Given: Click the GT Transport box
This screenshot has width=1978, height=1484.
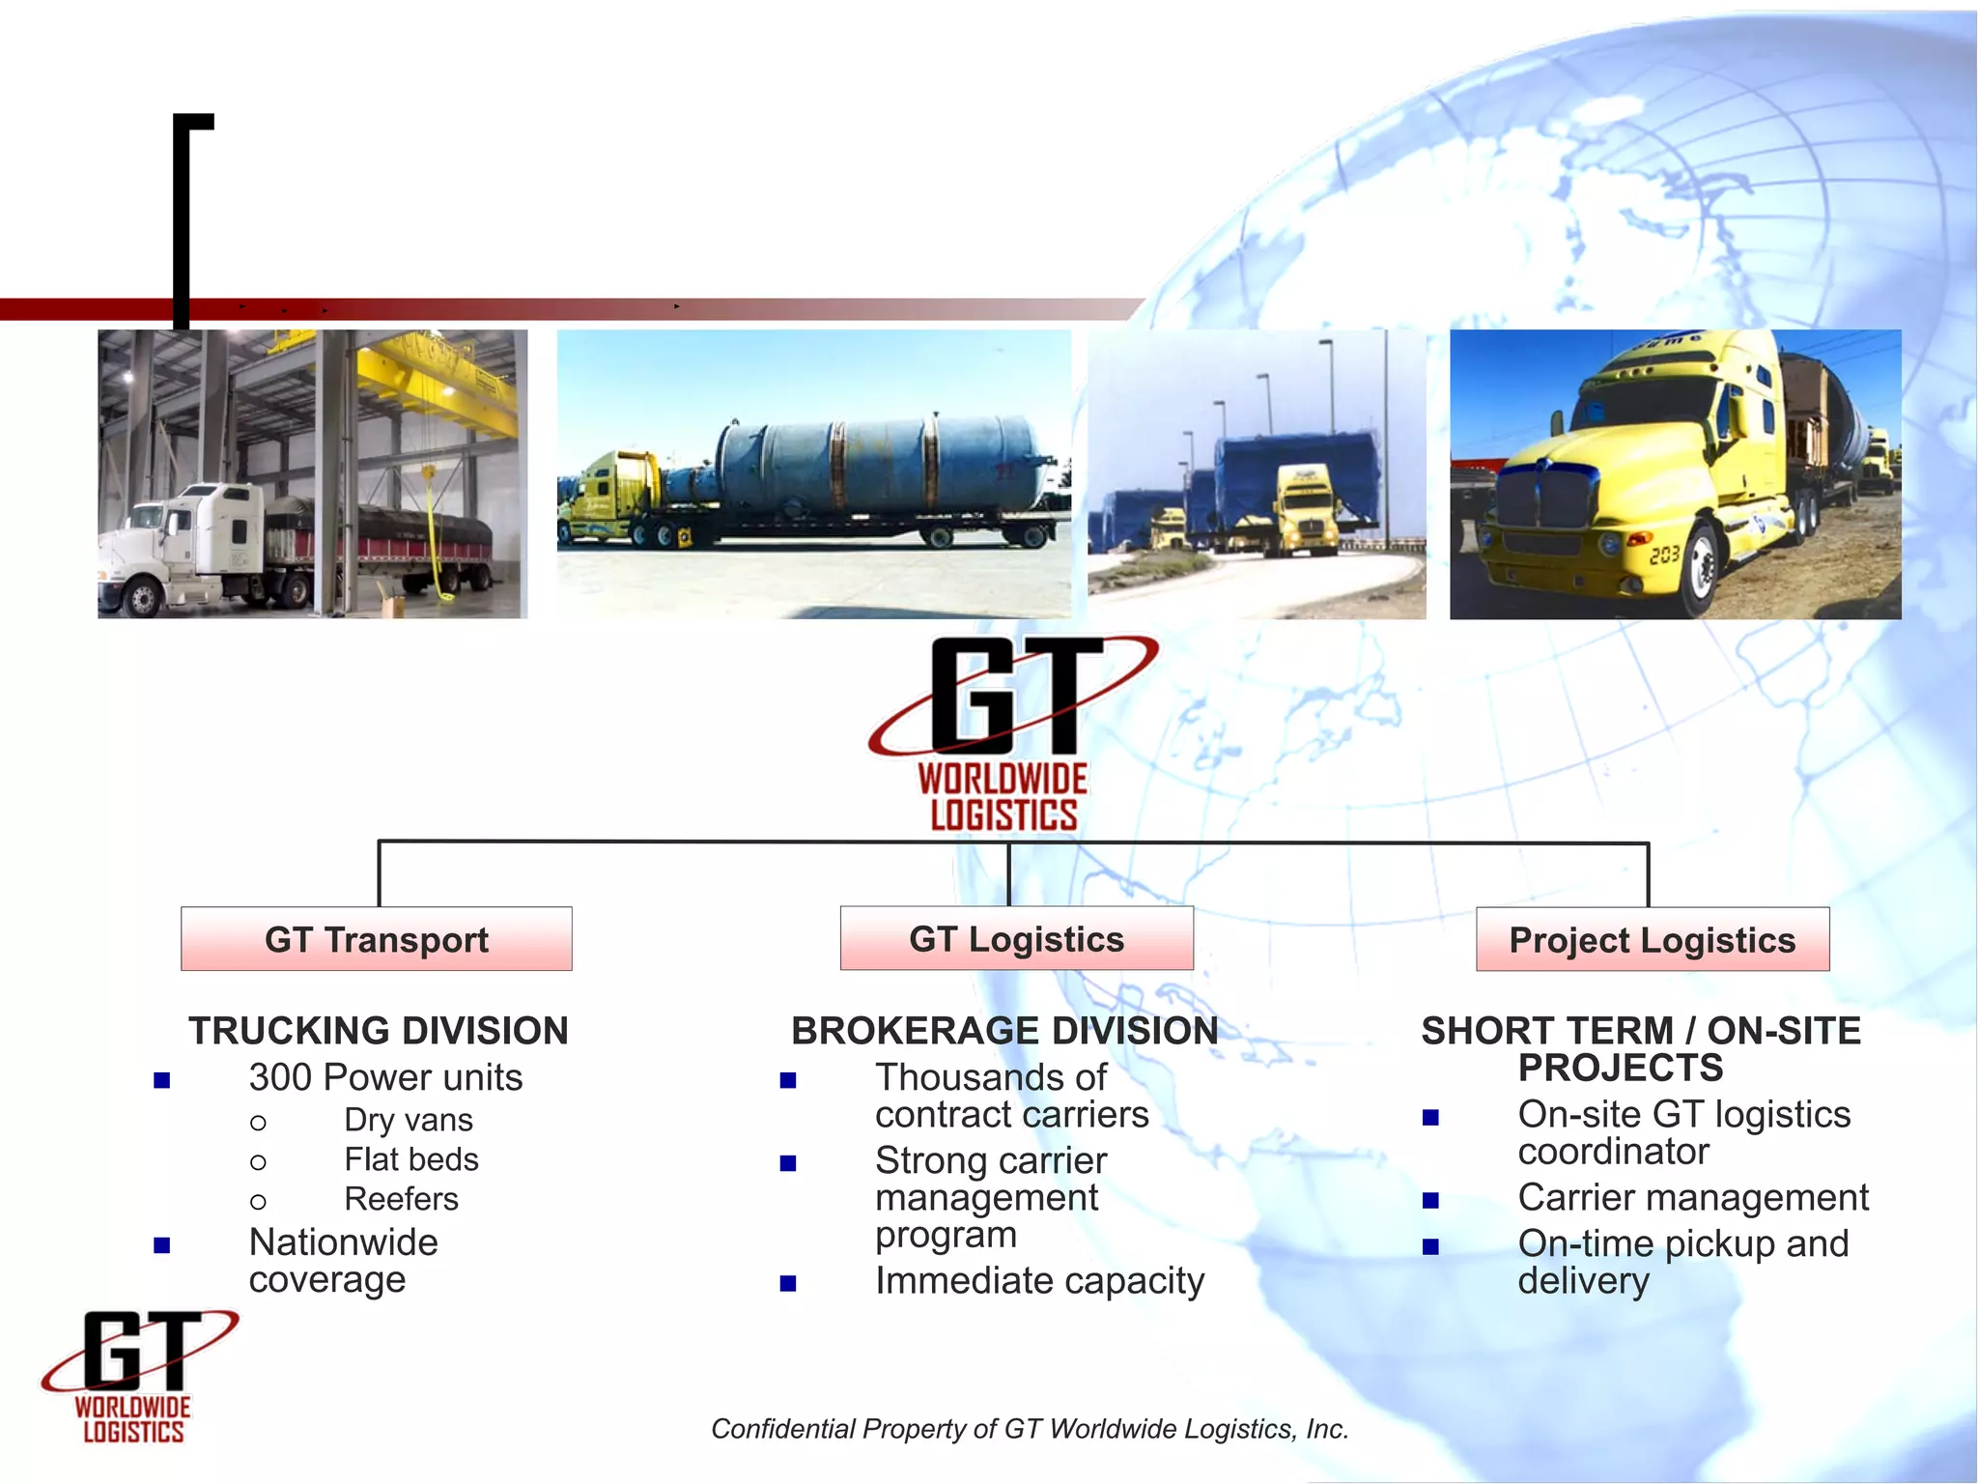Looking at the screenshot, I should click(377, 939).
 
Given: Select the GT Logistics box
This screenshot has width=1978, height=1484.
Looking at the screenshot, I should click(1016, 939).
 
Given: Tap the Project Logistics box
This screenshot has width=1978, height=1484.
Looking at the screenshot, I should click(1652, 939).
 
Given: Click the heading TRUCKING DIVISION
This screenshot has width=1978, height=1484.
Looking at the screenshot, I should click(378, 1031).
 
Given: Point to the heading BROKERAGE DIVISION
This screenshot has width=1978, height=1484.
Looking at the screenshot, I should click(1004, 1031).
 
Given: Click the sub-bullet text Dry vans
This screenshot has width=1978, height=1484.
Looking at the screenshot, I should click(409, 1120).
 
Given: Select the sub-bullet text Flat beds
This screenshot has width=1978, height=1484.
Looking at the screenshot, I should click(411, 1159).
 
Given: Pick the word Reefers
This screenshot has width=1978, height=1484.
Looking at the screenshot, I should click(402, 1199).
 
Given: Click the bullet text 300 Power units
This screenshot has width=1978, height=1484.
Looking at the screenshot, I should click(385, 1077).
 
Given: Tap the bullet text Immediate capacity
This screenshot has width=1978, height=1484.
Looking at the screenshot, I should click(1039, 1281).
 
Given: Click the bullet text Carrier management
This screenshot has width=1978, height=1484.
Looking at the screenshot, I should click(1693, 1198).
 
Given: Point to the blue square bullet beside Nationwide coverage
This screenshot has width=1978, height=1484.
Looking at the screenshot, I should click(162, 1245).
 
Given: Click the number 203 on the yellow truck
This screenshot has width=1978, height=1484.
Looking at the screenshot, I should click(1664, 556).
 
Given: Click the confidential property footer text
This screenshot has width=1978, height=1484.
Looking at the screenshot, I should click(1030, 1429).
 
